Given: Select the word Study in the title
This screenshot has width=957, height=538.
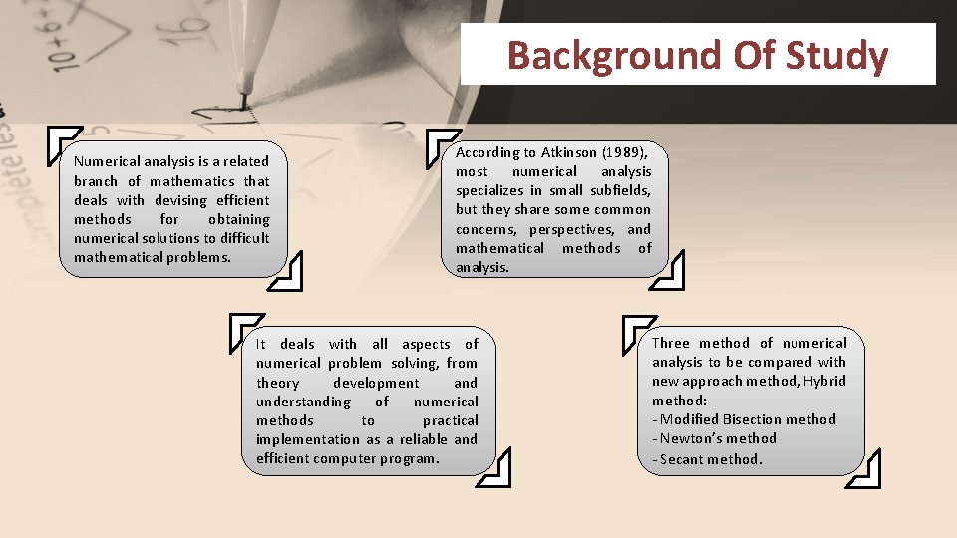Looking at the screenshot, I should tap(836, 56).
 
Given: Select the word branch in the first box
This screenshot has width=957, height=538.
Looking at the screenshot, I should tap(95, 181).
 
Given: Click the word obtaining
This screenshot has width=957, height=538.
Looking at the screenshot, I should tap(239, 219).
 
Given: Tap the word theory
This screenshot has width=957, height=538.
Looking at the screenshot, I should tap(277, 383).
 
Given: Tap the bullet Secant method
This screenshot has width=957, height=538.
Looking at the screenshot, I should tap(707, 459).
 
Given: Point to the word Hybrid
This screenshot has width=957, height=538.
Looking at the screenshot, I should tap(824, 381).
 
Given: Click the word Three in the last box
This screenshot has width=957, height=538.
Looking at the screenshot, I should tap(671, 343).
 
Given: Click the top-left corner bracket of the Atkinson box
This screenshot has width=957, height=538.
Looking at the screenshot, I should tap(440, 145).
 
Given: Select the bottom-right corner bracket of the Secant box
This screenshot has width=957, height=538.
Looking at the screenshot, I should tap(864, 469).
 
